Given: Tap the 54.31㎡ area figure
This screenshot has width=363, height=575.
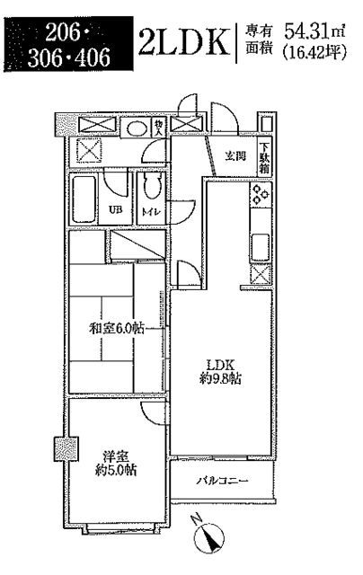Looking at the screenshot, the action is pyautogui.click(x=315, y=32).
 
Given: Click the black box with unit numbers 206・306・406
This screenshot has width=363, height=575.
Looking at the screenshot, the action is pyautogui.click(x=68, y=44).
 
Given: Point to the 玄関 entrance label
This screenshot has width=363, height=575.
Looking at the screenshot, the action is pyautogui.click(x=235, y=156).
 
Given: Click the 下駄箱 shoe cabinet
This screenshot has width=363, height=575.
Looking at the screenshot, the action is pyautogui.click(x=265, y=158).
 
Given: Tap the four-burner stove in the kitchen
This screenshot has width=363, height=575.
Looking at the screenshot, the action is pyautogui.click(x=261, y=194).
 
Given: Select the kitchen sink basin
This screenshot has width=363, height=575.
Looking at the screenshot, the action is pyautogui.click(x=261, y=247).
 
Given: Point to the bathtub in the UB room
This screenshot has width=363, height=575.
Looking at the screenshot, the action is pyautogui.click(x=84, y=199).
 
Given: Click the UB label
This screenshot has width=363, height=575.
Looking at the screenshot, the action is pyautogui.click(x=115, y=210).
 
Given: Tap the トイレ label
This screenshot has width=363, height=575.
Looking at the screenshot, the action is pyautogui.click(x=152, y=212).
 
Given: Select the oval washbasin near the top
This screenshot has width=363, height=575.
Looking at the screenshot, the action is pyautogui.click(x=137, y=128).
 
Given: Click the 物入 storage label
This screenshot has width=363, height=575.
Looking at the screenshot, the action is pyautogui.click(x=158, y=128).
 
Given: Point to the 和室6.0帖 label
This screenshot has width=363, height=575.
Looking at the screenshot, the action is pyautogui.click(x=116, y=328).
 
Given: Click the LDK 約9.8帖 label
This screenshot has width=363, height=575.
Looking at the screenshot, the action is pyautogui.click(x=220, y=371).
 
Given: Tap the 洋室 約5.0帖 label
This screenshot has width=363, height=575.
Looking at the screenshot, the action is pyautogui.click(x=116, y=464).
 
